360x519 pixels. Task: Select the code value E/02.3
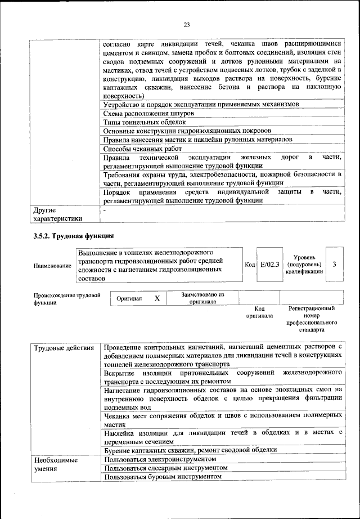click(269, 263)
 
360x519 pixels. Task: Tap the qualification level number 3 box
click(334, 263)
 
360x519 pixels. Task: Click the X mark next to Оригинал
click(157, 298)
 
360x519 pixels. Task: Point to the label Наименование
click(52, 265)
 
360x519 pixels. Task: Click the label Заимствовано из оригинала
click(202, 298)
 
